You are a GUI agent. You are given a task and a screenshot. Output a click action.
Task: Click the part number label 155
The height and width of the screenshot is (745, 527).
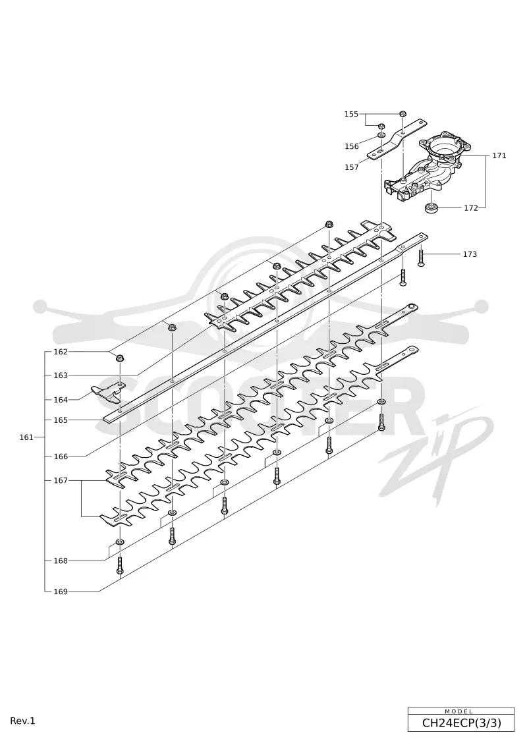(351, 114)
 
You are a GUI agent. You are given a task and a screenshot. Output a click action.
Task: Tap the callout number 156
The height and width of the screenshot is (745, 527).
(352, 146)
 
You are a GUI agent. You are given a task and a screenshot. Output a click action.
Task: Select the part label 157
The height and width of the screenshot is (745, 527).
(352, 167)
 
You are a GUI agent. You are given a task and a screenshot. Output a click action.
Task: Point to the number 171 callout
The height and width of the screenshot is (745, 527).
(499, 155)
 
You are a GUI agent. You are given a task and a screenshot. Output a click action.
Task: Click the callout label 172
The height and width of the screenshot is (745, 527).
(471, 208)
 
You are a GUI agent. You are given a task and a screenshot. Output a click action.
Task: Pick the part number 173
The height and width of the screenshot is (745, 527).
(470, 254)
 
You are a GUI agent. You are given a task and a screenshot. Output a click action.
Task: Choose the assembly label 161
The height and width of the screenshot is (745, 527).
(26, 437)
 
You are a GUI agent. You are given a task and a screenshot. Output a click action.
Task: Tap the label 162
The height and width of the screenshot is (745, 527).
(61, 352)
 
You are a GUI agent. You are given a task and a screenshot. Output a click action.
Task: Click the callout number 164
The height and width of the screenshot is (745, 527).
(61, 400)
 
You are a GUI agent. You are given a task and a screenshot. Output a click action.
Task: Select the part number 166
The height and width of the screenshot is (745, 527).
(61, 456)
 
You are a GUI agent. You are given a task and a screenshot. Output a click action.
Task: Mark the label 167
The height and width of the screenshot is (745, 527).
(61, 480)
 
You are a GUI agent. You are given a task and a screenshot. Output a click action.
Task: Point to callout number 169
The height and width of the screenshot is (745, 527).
(61, 592)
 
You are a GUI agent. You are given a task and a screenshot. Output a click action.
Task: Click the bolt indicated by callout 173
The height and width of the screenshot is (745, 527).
(421, 257)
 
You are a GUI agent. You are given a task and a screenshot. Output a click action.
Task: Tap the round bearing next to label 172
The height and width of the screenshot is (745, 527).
(431, 207)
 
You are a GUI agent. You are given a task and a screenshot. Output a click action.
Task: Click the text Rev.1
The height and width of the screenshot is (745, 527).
(23, 721)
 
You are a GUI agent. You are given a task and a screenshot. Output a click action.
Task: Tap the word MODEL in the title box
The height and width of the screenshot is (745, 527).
(459, 711)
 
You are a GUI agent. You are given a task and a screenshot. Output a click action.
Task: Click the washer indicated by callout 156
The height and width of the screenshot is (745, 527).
(381, 136)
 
